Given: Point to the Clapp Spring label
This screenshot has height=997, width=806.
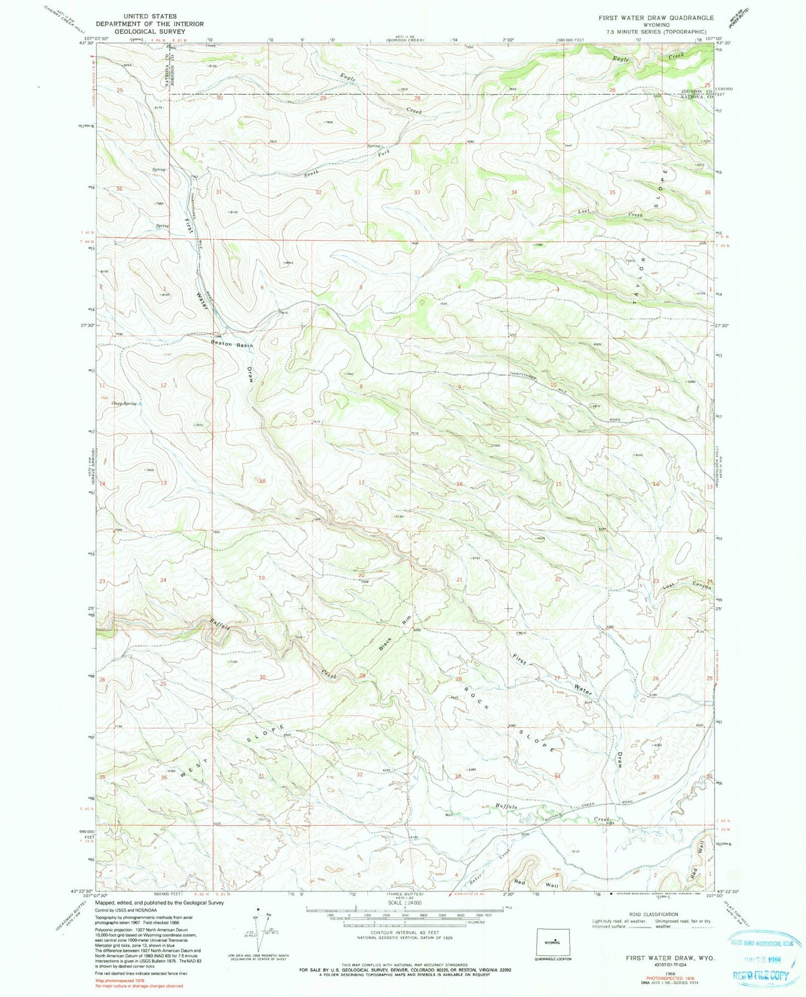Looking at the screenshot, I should coord(124,403).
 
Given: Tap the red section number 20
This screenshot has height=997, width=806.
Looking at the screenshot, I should coord(361,575).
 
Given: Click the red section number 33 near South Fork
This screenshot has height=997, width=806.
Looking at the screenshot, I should coord(417,192).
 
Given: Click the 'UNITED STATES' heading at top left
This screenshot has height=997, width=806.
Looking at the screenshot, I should coord(149,17).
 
